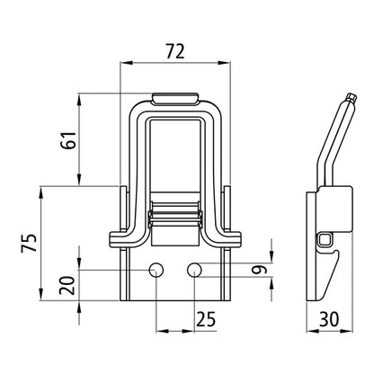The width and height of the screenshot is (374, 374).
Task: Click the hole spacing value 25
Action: (206, 317)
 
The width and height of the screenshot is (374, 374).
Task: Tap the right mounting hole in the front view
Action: (195, 269)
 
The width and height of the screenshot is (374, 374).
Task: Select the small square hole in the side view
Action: (325, 239)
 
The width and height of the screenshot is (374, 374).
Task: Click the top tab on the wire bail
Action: (176, 96)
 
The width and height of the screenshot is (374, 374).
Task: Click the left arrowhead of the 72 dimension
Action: (124, 62)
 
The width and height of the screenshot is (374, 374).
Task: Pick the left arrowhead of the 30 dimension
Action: (308, 334)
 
